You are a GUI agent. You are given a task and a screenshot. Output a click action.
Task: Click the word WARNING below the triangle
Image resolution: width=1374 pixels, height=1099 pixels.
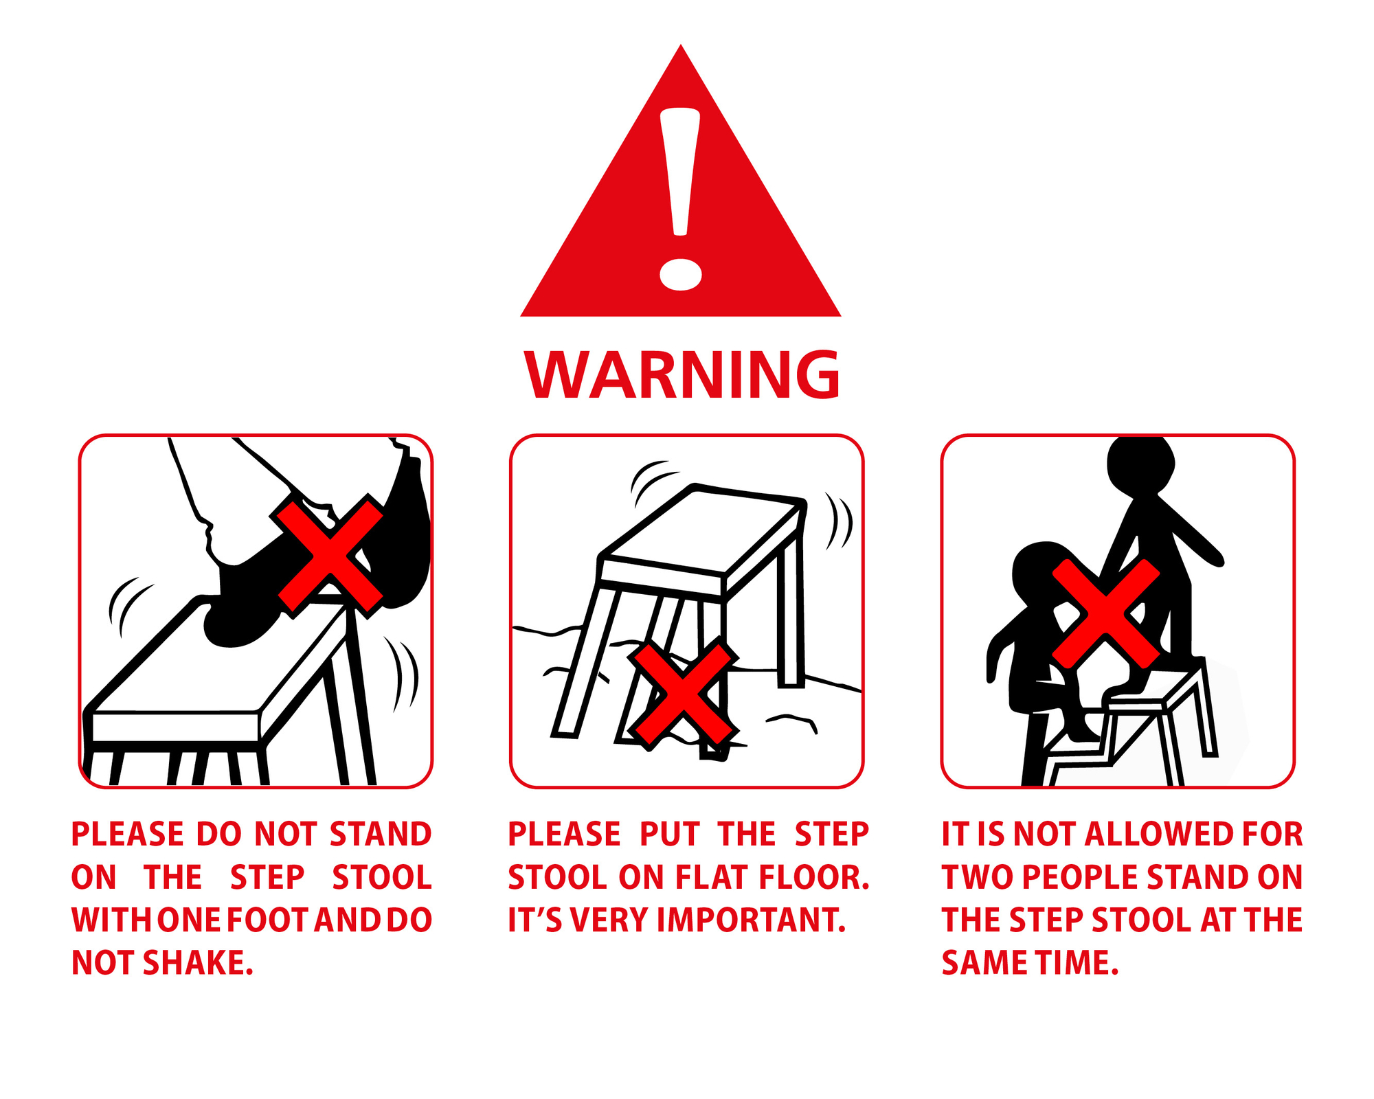tap(682, 374)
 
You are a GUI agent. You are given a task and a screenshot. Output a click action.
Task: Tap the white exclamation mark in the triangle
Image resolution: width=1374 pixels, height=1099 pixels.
tap(680, 199)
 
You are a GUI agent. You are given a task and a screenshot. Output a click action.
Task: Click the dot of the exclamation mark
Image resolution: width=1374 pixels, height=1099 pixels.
tap(680, 275)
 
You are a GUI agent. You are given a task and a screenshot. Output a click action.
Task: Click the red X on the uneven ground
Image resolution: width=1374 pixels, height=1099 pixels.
tap(683, 694)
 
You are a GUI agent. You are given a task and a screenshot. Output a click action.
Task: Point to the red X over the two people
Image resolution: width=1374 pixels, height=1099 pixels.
tap(1106, 613)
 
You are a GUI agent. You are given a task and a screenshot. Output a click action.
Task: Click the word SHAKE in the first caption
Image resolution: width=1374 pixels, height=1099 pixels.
tap(197, 963)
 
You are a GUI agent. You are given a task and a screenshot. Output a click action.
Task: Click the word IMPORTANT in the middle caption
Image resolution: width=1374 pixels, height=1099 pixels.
tap(751, 920)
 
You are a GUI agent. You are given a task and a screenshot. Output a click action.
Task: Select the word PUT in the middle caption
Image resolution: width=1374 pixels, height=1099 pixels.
tap(670, 835)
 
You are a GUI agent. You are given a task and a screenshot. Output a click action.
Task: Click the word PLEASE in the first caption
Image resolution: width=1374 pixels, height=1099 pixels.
tap(128, 835)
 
